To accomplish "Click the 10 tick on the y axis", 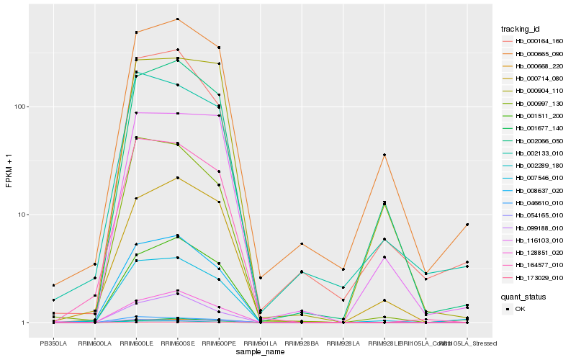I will coord(22,215).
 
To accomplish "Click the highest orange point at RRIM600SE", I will coord(177,19).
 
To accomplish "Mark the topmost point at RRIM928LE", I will coord(384,155).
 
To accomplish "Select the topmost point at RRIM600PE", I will coord(219,47).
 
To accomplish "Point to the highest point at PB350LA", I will coord(53,285).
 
